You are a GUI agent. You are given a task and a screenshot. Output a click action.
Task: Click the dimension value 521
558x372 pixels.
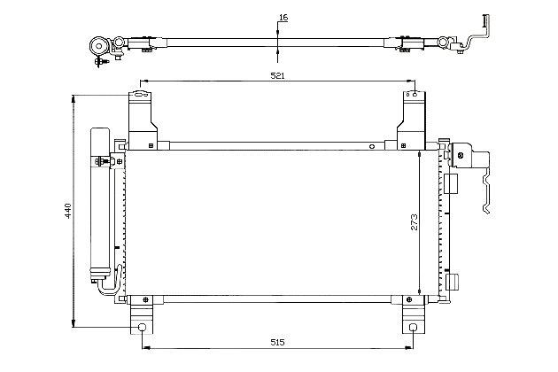pos(278,75)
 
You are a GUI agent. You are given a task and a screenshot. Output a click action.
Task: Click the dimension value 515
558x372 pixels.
pos(277,343)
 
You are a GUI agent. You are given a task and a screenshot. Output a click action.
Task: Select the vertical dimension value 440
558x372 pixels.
pos(68,211)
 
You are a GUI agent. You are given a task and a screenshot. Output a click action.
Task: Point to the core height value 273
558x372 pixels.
pos(415,222)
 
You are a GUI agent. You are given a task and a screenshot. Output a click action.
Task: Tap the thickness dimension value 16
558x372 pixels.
pos(283,18)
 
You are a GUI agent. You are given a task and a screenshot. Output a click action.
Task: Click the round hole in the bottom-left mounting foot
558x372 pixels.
pos(142,328)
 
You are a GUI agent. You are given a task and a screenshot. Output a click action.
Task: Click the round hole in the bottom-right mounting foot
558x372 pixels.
pos(413,328)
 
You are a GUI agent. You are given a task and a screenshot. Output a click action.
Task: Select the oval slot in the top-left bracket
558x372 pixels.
pos(139,95)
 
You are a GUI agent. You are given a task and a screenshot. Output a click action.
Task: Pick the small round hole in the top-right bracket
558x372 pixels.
pos(415,95)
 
